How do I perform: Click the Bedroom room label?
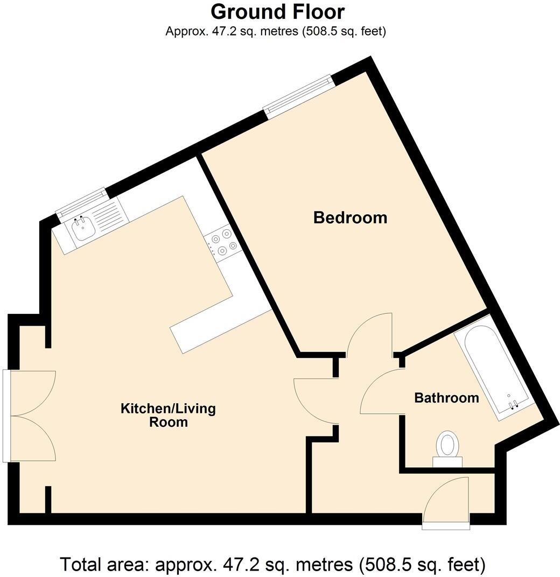click(x=350, y=218)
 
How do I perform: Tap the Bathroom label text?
click(x=446, y=398)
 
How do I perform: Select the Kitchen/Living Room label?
click(x=168, y=414)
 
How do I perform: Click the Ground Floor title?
click(x=277, y=11)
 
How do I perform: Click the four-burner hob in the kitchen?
click(x=222, y=243)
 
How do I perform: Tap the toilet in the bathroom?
click(x=447, y=447)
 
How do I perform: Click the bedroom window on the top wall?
click(x=298, y=96)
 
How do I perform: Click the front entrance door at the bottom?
click(x=447, y=503)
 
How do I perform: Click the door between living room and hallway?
click(x=315, y=401)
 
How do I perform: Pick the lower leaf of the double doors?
click(x=32, y=439)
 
